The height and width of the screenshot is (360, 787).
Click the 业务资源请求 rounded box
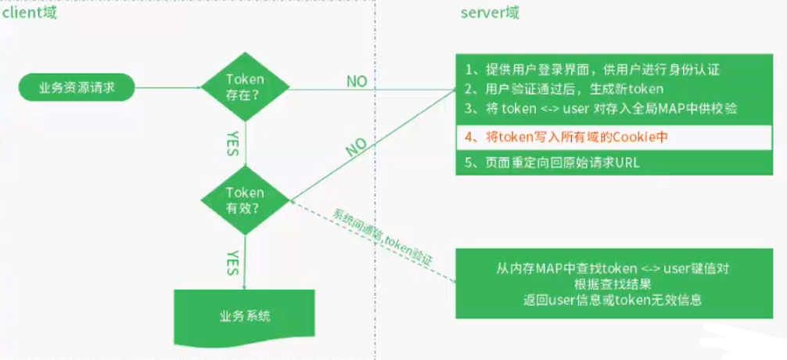[x=77, y=88]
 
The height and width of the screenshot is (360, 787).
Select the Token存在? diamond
[x=245, y=86]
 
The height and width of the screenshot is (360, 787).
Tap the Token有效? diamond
[x=245, y=200]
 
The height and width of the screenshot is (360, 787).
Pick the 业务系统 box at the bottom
[x=245, y=317]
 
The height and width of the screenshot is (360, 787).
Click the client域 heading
[x=29, y=13]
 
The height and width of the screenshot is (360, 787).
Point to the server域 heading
[x=491, y=13]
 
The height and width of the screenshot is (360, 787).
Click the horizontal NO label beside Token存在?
[x=356, y=81]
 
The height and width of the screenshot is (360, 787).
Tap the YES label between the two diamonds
[x=232, y=143]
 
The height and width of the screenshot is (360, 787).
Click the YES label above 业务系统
[x=232, y=261]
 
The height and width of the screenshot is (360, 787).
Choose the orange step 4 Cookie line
[x=570, y=137]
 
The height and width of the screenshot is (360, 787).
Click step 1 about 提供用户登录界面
[x=591, y=69]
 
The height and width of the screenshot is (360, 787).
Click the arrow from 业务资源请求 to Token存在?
[x=168, y=88]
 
